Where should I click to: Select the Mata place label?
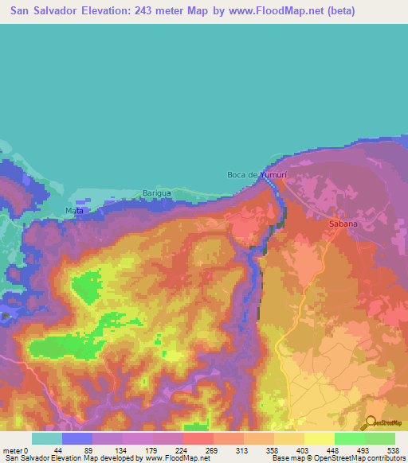[x=74, y=211]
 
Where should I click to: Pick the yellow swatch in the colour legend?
[x=319, y=438]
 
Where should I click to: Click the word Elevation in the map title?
[x=113, y=11]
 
